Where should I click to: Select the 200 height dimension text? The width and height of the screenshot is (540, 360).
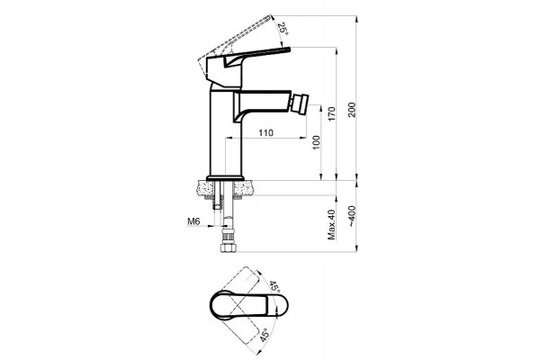tap(352, 110)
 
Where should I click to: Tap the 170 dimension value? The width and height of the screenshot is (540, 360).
tap(331, 114)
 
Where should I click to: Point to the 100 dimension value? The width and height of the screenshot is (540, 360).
tap(316, 142)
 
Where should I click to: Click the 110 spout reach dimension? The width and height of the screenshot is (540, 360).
tap(265, 132)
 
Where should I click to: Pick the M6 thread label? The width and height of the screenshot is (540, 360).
tap(193, 221)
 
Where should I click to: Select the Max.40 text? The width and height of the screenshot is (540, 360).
tap(331, 224)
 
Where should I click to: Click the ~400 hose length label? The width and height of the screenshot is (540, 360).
tap(352, 216)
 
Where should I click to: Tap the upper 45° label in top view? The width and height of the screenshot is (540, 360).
tap(274, 286)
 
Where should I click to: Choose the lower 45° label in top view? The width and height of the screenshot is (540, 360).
tap(264, 335)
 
